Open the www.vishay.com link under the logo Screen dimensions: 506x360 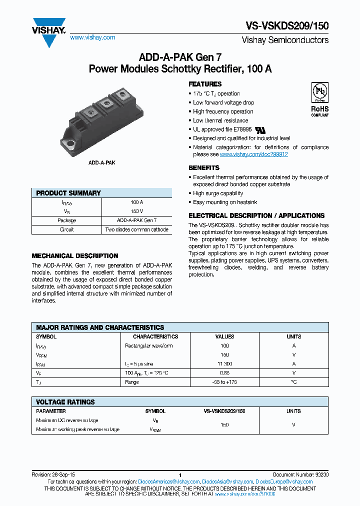[92, 37]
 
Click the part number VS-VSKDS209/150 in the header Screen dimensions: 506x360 [287, 26]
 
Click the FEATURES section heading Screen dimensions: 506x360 [205, 84]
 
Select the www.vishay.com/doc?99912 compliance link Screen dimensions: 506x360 [253, 154]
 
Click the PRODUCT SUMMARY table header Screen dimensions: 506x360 [68, 193]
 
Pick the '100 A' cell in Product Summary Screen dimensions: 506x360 [136, 202]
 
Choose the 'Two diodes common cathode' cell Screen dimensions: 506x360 [136, 229]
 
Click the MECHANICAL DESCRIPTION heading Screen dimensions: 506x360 [75, 255]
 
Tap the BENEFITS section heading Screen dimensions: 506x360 [204, 168]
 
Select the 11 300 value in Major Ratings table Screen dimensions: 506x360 [224, 364]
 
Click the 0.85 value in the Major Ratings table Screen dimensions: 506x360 [224, 373]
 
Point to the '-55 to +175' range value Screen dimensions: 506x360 [224, 382]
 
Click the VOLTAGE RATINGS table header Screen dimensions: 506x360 [65, 402]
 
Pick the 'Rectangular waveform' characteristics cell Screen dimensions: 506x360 [149, 346]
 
